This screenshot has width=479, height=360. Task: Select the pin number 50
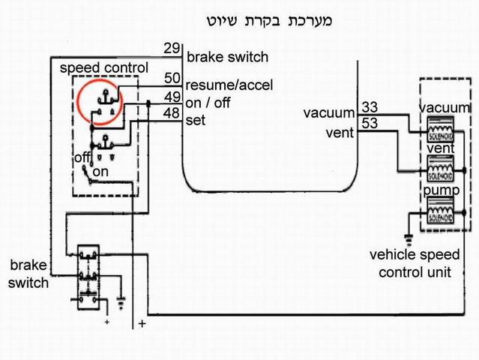(172, 78)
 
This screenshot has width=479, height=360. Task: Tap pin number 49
(172, 97)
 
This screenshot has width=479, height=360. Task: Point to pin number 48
(172, 113)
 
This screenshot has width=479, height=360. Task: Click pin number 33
(369, 106)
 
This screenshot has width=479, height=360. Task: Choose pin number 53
(369, 122)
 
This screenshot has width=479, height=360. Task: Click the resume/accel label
(229, 85)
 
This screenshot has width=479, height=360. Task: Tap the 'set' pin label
(196, 120)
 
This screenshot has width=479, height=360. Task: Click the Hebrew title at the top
(268, 20)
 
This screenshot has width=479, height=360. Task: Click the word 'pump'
(436, 192)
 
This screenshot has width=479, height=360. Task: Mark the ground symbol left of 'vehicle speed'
(409, 240)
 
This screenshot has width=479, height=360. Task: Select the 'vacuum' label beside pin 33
(328, 113)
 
